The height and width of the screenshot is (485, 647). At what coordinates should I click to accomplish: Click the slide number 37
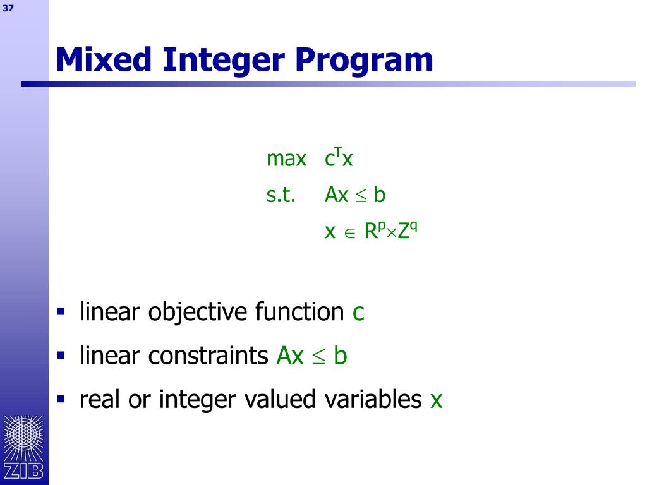[8, 8]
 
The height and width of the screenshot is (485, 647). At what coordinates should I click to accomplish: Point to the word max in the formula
[286, 159]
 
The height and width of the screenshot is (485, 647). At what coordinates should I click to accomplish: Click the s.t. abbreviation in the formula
[281, 195]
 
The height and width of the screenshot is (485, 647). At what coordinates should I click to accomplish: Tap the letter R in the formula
[372, 231]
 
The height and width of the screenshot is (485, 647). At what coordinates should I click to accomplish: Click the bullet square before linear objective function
[61, 311]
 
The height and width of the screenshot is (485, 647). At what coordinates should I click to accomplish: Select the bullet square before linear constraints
[61, 355]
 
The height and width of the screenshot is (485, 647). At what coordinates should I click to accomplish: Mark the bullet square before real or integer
[61, 398]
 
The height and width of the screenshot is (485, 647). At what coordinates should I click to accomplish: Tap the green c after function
[358, 313]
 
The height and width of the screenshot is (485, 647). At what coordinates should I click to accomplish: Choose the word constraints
[209, 356]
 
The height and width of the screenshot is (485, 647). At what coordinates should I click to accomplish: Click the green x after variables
[436, 400]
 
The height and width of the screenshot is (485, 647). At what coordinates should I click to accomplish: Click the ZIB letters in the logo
[23, 470]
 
